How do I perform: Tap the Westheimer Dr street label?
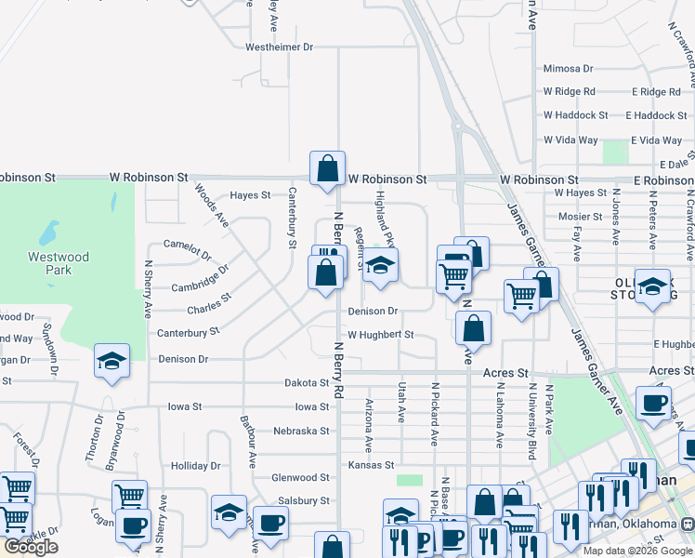[x=280, y=46]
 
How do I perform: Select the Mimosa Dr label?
[x=568, y=69]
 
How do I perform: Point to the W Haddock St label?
[x=575, y=115]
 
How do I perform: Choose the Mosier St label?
[x=580, y=217]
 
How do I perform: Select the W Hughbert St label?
[x=379, y=335]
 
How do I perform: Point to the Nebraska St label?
[x=302, y=431]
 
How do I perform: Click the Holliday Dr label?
[x=195, y=466]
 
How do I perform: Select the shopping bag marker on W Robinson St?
[x=327, y=169]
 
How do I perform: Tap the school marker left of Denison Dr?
[x=111, y=361]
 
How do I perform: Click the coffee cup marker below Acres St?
[x=652, y=403]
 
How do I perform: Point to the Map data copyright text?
[x=638, y=551]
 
